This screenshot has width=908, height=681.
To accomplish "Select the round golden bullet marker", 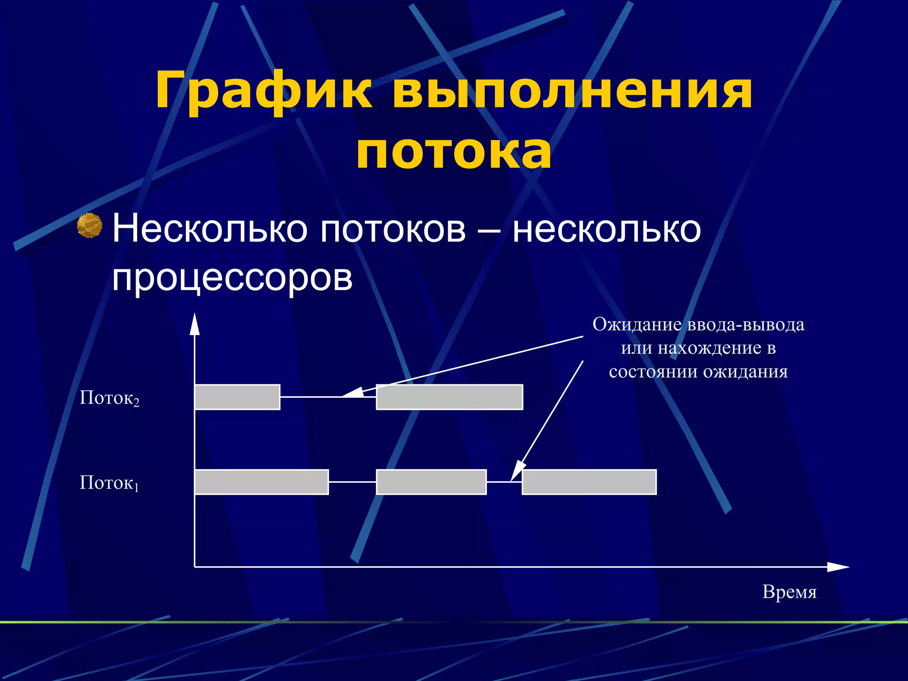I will click(90, 226).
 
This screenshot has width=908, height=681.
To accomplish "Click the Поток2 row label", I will click(109, 398).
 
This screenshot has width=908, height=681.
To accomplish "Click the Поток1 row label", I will click(109, 482).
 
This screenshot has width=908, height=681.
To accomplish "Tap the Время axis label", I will click(789, 592).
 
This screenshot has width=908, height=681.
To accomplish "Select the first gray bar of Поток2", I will click(237, 397).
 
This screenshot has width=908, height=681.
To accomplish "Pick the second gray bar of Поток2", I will click(449, 397).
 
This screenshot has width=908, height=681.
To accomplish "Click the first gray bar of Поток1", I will click(262, 482).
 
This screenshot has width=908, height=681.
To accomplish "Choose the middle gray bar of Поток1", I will click(431, 482).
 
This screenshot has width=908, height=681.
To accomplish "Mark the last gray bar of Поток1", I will click(589, 482).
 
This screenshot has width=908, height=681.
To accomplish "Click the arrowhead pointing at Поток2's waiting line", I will click(352, 392).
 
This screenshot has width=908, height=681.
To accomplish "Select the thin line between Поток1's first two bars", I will click(352, 482).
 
